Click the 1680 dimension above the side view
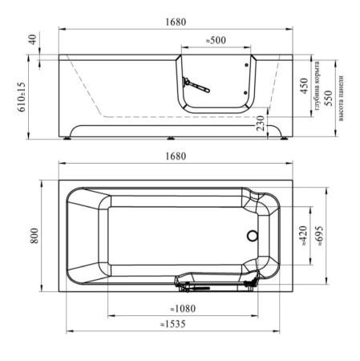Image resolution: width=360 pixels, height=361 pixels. click(176, 22)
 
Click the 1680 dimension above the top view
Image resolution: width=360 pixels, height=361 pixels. click(176, 156)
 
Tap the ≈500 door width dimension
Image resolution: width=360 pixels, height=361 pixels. click(216, 40)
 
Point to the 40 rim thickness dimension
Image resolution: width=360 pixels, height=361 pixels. click(33, 39)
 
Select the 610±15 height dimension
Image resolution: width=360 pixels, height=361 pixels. click(22, 97)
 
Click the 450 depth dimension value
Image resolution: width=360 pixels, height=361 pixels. click(304, 86)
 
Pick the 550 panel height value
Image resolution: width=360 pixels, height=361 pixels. click(329, 98)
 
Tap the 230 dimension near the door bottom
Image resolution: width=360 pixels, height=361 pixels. click(261, 124)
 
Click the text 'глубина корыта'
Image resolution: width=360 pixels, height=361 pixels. click(318, 86)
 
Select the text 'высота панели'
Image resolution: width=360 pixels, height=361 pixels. click(341, 98)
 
